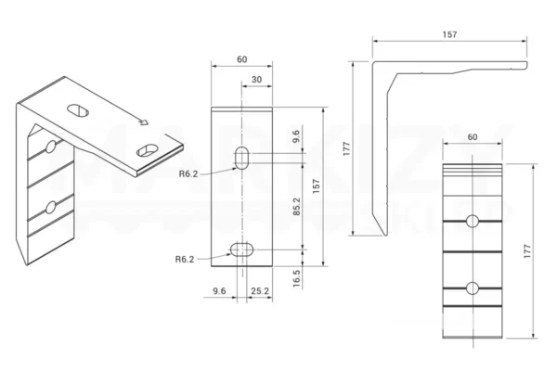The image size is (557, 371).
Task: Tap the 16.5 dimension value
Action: tap(296, 277)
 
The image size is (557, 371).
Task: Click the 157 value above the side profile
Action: tap(449, 33)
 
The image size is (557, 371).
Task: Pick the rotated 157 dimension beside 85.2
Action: tap(317, 185)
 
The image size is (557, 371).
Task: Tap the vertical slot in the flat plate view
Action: tap(241, 157)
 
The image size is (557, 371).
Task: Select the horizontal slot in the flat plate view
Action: tap(241, 248)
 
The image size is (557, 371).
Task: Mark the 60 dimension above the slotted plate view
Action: tap(241, 59)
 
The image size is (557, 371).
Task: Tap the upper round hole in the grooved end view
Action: tap(473, 222)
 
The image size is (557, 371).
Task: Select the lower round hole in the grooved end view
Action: tap(473, 287)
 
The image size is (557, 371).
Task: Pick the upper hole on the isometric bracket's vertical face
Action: tap(49, 147)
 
